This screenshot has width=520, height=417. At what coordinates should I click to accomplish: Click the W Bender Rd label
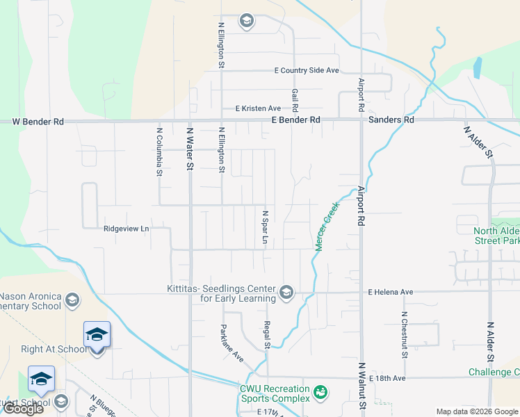coord(38,122)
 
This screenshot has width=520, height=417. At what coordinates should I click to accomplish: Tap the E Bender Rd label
coord(296,120)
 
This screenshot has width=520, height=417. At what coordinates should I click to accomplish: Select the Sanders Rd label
coord(391,120)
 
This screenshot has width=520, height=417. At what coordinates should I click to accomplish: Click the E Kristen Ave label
coord(258,108)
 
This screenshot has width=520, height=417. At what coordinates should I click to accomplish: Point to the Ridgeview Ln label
coord(126,228)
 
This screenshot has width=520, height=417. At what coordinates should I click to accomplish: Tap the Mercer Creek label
coord(326,226)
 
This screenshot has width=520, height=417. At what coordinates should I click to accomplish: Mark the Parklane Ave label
coord(232,344)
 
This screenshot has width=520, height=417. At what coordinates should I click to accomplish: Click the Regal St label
coord(266,336)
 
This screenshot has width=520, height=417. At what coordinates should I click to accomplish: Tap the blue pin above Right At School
coord(97,334)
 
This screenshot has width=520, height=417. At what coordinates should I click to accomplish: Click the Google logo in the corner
coord(24,409)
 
